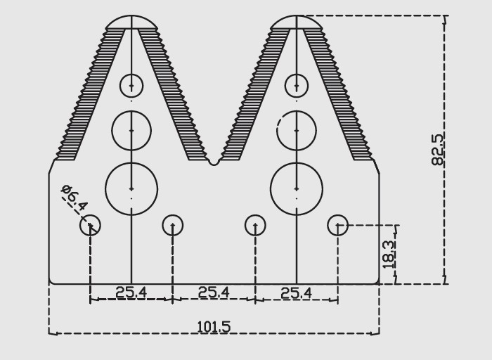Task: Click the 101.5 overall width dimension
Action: [214, 327]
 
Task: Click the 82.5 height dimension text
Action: [437, 149]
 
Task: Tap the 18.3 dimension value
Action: [388, 254]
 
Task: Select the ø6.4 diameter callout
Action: [74, 198]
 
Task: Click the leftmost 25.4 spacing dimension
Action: [131, 292]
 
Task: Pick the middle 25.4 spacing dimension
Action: [214, 292]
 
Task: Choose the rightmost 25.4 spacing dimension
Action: [296, 292]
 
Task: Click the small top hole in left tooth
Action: [131, 86]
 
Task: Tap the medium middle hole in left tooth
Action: [131, 130]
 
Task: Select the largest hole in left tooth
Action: [131, 188]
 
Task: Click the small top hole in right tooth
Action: [297, 86]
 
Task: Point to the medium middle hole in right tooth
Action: [297, 130]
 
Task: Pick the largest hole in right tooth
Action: [297, 188]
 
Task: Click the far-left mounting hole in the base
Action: [90, 225]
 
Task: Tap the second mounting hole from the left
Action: [173, 225]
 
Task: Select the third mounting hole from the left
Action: [255, 225]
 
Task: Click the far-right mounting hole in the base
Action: [338, 225]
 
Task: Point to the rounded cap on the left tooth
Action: [131, 22]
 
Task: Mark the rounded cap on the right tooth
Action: [297, 22]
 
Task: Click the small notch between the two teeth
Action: [214, 162]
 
